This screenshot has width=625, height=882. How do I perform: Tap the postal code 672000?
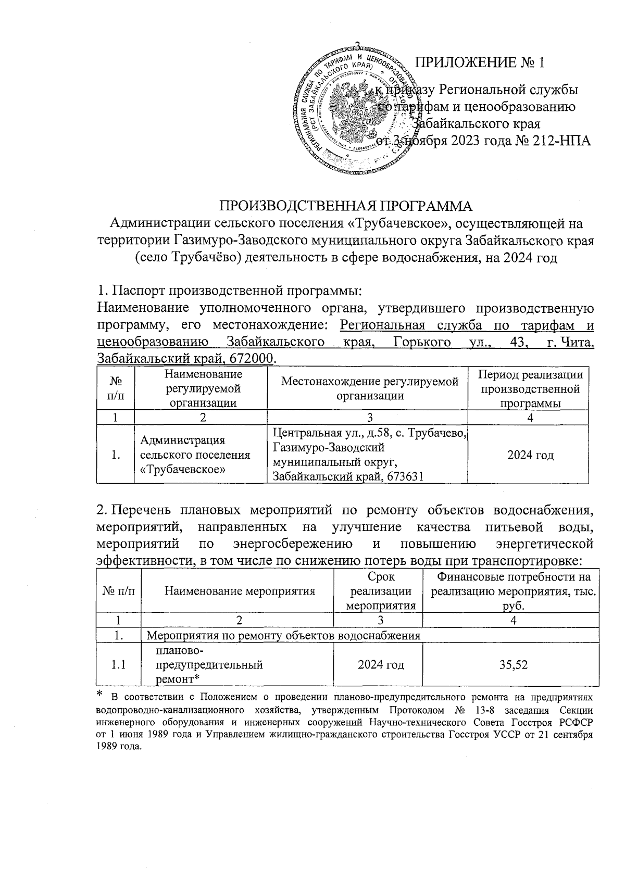(256, 359)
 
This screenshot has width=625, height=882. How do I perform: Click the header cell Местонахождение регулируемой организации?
(370, 388)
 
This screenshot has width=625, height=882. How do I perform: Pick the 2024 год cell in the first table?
(530, 455)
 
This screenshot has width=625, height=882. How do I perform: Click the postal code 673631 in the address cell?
(402, 475)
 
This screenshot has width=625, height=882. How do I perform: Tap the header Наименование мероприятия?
(240, 590)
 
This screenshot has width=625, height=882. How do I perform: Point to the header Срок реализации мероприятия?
(381, 590)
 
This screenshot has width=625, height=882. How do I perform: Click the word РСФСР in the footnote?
(578, 724)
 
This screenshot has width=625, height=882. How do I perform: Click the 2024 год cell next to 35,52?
(381, 665)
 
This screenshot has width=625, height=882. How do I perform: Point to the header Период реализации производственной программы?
(530, 388)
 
